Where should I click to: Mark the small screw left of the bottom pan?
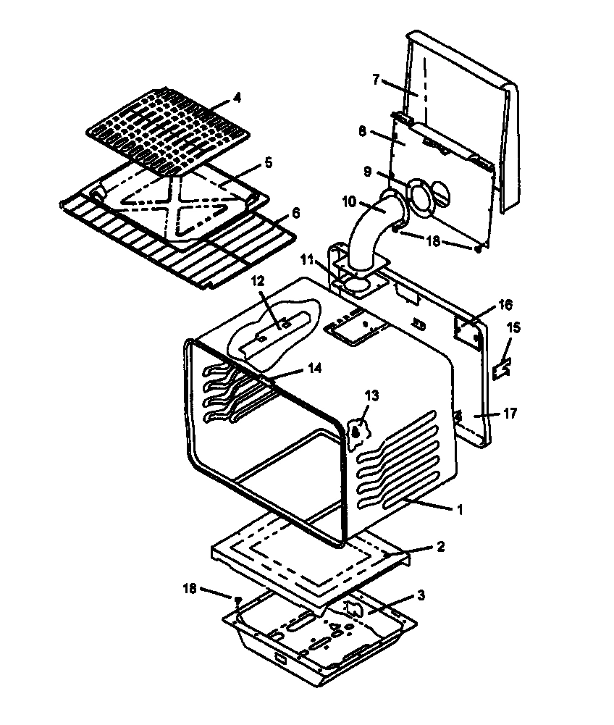coord(237,598)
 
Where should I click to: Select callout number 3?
coord(421,595)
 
